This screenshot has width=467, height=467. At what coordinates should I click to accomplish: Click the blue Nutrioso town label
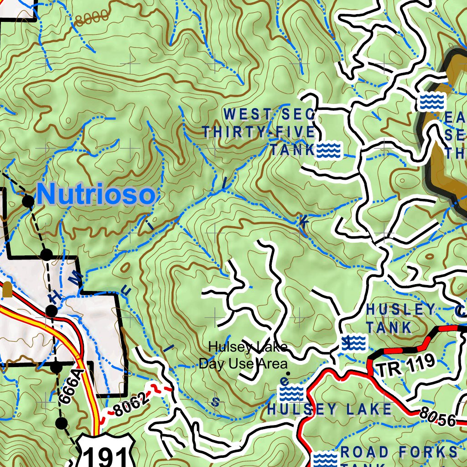(96, 195)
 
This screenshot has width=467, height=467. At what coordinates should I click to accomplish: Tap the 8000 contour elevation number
(93, 17)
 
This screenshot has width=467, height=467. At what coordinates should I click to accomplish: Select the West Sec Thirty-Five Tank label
(259, 131)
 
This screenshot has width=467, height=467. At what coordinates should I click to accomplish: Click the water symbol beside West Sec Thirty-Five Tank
(329, 150)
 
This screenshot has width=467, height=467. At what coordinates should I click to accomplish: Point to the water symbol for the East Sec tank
(431, 102)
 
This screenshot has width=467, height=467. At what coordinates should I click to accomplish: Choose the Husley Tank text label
(400, 318)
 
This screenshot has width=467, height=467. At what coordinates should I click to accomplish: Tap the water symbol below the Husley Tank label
(353, 342)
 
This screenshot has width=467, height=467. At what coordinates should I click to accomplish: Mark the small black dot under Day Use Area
(287, 374)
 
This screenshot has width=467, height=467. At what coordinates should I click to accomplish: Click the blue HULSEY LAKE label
(329, 409)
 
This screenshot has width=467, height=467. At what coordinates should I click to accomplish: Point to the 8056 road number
(437, 418)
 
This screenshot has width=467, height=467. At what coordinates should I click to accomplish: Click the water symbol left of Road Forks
(325, 458)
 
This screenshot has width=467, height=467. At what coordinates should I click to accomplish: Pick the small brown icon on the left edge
(7, 289)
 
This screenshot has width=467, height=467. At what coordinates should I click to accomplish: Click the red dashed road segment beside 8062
(162, 389)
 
